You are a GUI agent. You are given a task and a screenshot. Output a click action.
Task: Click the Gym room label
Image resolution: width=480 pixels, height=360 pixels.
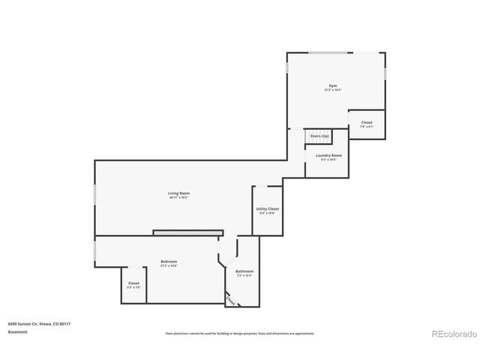(333, 87)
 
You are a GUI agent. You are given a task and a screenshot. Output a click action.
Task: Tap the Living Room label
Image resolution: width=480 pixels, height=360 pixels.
(178, 193)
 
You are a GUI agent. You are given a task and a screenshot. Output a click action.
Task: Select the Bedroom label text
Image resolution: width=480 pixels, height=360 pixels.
(169, 261)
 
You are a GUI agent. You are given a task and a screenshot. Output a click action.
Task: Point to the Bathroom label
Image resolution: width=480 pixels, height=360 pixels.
(244, 271)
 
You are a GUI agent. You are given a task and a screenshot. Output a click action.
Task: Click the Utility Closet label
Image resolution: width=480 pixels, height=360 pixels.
(268, 209)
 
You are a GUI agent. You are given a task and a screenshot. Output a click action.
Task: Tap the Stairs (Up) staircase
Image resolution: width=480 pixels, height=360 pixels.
(319, 136)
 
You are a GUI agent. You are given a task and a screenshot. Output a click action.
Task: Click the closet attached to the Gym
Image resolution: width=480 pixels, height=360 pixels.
(367, 124)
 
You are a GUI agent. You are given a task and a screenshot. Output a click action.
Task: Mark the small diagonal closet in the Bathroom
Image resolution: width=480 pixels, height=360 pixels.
(231, 298)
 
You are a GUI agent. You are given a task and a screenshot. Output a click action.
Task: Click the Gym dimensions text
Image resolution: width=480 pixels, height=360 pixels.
(333, 91)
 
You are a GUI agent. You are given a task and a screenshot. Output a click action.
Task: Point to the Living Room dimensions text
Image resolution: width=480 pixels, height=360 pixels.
(178, 198)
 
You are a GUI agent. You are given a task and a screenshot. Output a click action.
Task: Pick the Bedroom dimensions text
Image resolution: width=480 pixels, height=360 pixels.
(169, 265)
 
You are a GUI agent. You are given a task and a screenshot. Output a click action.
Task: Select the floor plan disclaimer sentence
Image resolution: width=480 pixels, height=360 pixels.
(239, 333)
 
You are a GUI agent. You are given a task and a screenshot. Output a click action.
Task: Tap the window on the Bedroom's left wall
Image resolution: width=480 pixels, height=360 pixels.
(94, 250)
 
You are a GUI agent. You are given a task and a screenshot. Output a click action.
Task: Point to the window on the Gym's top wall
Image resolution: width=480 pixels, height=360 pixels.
(334, 52)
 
